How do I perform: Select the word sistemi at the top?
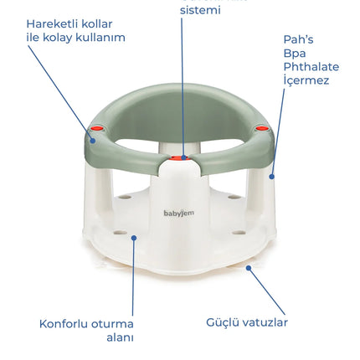[200, 10]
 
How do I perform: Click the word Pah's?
[298, 39]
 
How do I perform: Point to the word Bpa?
[295, 54]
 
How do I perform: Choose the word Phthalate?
[311, 67]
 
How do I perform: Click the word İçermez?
[306, 80]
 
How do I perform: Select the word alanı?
[120, 337]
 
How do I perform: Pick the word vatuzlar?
[265, 322]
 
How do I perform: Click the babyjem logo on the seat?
[178, 213]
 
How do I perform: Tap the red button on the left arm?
[96, 129]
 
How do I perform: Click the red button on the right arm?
[262, 128]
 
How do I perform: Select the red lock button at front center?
[180, 158]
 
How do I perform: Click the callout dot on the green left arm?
[92, 141]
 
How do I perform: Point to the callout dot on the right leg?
[271, 177]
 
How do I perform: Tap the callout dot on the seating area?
[134, 238]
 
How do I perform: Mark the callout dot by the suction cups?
[249, 268]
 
